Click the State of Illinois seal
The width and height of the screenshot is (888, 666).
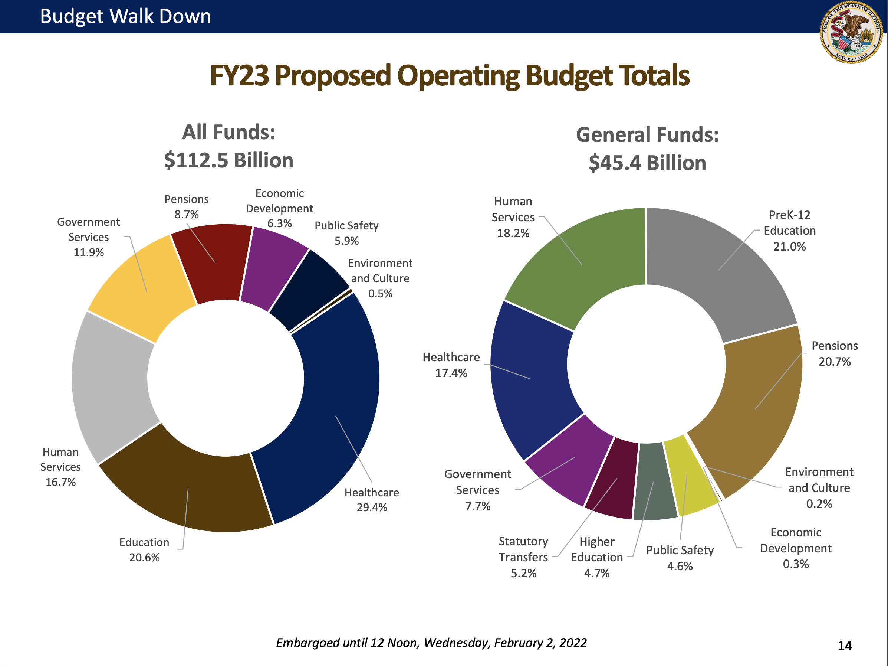851,32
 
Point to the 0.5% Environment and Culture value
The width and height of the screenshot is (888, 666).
380,294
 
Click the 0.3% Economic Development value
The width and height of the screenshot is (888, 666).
796,564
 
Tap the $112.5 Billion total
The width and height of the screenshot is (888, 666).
228,160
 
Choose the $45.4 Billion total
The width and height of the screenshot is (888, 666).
647,163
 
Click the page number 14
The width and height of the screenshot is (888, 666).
845,646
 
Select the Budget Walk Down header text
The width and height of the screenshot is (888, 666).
126,16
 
